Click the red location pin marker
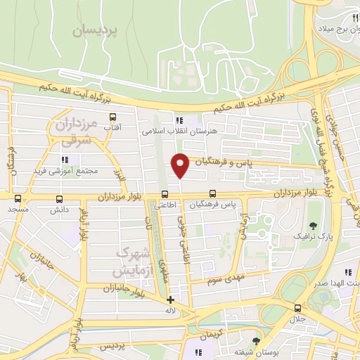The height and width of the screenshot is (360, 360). point(181,165)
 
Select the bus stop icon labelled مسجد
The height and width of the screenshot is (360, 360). point(18,198)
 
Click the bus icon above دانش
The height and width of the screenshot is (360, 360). point(57,198)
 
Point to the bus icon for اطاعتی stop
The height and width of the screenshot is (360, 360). point(165,195)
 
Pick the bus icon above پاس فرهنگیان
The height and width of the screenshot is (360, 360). point(213,194)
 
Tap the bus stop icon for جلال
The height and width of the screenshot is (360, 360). point(297,308)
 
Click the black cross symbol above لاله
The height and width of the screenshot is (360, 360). point(169,300)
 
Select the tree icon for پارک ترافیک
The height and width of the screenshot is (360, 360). point(314,226)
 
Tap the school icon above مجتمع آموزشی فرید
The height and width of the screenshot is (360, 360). point(75,160)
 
